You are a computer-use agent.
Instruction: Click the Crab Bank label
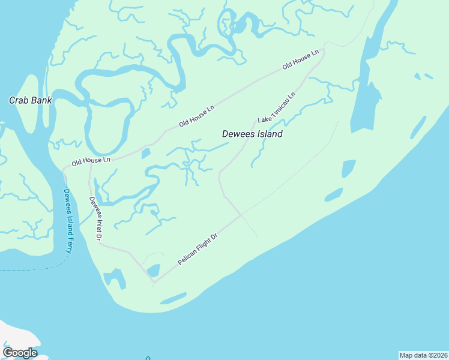[30, 100]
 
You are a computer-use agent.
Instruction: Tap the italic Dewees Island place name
[252, 134]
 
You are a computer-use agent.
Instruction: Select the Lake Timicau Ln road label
[277, 108]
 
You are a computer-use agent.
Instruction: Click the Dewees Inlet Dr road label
[95, 218]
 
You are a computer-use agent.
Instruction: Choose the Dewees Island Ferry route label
[67, 221]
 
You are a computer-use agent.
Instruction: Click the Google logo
[20, 353]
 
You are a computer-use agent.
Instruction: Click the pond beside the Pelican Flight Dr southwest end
[154, 271]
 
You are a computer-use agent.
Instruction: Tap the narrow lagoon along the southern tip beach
[173, 298]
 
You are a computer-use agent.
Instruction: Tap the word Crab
[19, 100]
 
